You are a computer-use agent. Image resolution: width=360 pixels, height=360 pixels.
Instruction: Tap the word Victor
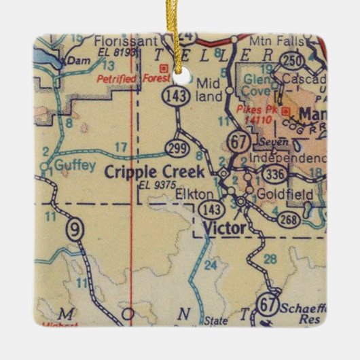(x=223, y=228)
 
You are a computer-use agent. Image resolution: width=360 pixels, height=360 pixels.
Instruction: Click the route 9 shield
(x=75, y=231)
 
